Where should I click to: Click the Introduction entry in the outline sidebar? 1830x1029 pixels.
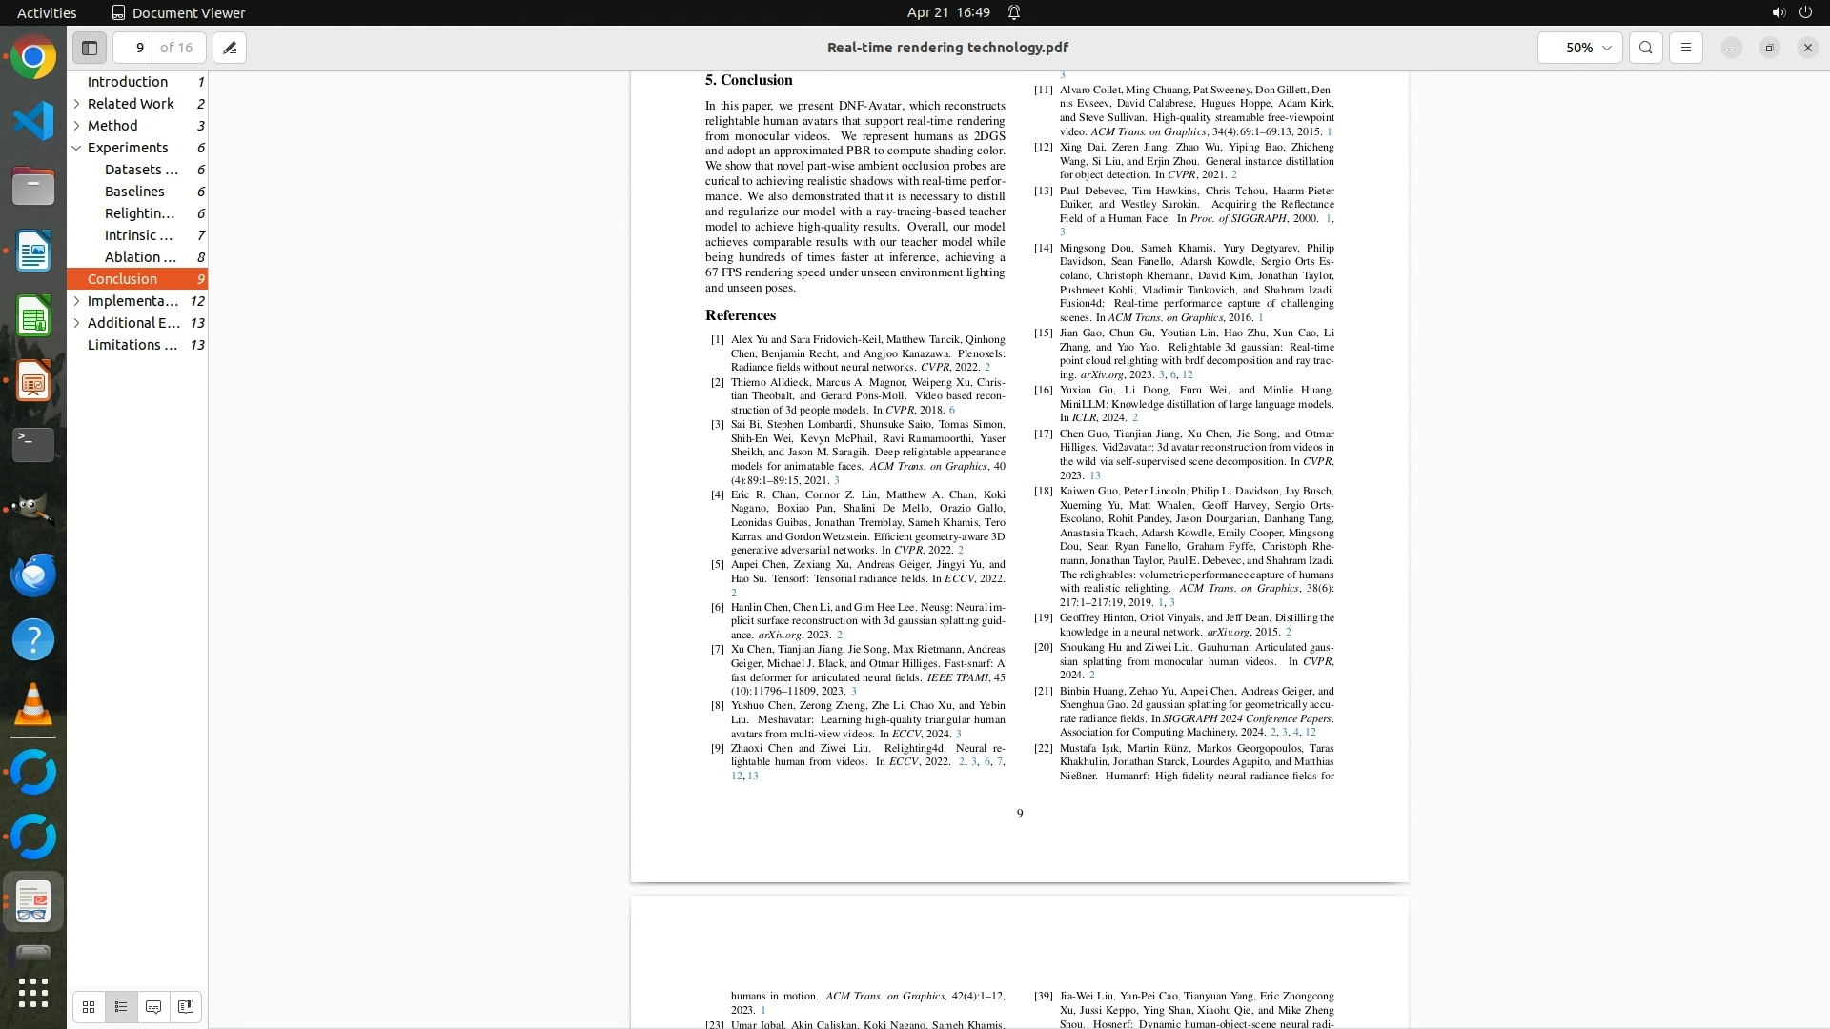tap(128, 82)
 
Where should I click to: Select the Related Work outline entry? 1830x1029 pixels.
tap(131, 104)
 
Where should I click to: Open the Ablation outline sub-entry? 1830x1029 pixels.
tap(140, 257)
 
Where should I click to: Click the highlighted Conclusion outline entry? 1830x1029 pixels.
tap(122, 279)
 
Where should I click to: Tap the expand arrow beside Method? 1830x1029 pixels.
tap(76, 126)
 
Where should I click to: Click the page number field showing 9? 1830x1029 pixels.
tap(139, 48)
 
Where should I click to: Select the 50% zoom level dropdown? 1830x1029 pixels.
tap(1579, 48)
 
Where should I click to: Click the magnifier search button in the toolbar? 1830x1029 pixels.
tap(1646, 48)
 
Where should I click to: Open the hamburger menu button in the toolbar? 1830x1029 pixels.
tap(1686, 48)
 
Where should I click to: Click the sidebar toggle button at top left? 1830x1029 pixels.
tap(90, 48)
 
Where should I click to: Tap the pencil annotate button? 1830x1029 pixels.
tap(230, 48)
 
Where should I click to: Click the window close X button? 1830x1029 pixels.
tap(1807, 48)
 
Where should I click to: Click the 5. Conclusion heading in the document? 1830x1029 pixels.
tap(748, 80)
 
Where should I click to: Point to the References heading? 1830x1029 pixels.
tap(740, 315)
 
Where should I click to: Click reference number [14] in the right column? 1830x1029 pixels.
tap(1044, 248)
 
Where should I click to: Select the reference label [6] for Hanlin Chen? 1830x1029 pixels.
tap(717, 607)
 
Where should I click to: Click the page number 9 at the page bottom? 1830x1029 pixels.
tap(1020, 814)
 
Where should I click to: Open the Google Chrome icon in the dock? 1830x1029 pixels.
tap(33, 58)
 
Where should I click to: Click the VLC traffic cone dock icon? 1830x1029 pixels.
tap(33, 705)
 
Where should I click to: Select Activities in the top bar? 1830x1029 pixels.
tap(47, 12)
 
